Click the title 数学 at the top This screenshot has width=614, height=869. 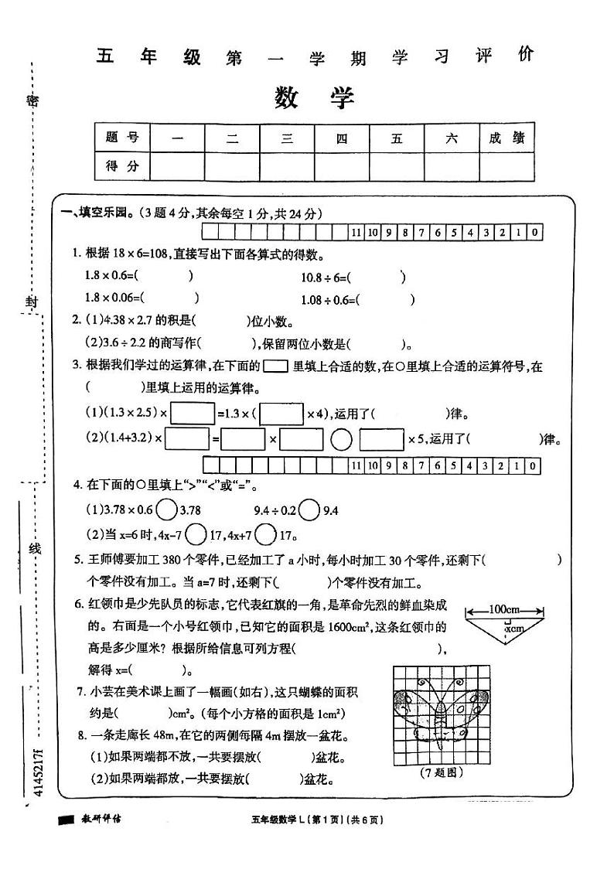314,97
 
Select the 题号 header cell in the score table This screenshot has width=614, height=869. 121,138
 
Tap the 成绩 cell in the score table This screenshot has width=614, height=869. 507,138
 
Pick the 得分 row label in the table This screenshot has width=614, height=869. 121,165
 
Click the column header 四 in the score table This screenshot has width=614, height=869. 342,138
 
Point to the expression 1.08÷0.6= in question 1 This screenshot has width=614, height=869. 329,299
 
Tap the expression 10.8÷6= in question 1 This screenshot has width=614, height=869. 326,277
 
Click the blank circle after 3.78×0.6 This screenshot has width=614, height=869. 165,510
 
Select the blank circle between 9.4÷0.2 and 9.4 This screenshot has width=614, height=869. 309,510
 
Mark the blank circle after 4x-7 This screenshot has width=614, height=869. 196,533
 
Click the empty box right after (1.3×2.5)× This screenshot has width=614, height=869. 192,414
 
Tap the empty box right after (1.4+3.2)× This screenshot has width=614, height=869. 187,439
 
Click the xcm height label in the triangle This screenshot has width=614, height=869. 513,629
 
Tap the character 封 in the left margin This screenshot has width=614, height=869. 31,302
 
